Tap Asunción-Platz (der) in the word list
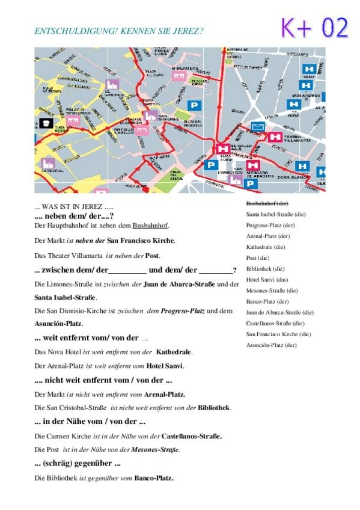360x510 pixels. (x=272, y=345)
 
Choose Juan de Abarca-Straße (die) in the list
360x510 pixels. (x=279, y=312)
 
